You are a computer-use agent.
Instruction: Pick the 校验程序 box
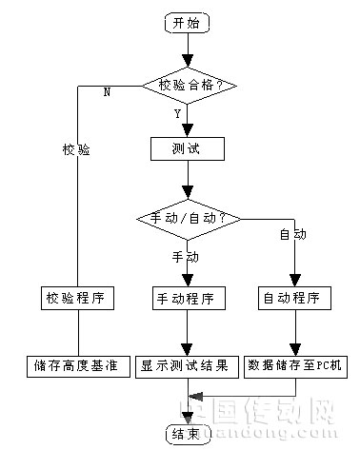tap(78, 298)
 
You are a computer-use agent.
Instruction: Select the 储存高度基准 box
tap(78, 365)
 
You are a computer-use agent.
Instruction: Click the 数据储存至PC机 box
tap(297, 365)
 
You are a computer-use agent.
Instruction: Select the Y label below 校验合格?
tap(178, 113)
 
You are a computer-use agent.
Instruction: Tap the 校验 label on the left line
tap(76, 149)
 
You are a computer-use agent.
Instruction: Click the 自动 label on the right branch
tap(291, 234)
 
